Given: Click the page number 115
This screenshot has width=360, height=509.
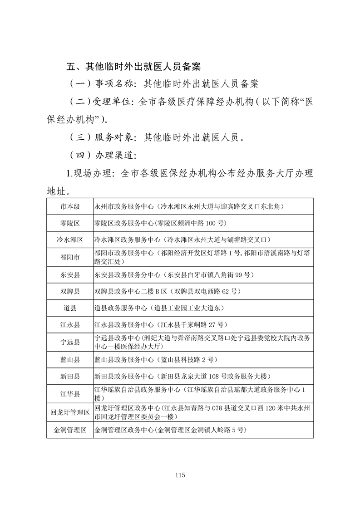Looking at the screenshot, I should click(x=180, y=475).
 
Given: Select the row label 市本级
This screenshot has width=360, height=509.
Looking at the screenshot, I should click(x=70, y=207).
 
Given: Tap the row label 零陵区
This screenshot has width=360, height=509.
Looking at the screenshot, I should click(x=70, y=223).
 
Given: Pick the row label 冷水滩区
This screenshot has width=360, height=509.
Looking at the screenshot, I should click(x=70, y=240).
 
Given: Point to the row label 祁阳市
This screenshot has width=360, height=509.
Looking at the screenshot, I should click(x=70, y=257).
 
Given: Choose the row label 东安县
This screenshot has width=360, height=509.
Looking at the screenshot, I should click(x=70, y=275).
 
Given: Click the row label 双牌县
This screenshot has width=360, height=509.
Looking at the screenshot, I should click(x=70, y=291).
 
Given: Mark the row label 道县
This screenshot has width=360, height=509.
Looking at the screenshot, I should click(x=70, y=308).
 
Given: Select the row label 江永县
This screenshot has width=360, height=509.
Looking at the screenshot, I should click(x=70, y=325).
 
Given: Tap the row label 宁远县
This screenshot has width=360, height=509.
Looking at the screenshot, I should click(x=70, y=342).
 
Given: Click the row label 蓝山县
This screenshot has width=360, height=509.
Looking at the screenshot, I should click(x=70, y=360).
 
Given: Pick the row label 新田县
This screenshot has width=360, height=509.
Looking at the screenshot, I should click(x=70, y=377).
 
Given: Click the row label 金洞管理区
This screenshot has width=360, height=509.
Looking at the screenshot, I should click(x=70, y=430).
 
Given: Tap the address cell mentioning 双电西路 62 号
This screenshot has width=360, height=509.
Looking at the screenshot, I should click(x=167, y=291).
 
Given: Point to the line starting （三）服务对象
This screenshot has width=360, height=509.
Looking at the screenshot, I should click(x=159, y=137).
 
